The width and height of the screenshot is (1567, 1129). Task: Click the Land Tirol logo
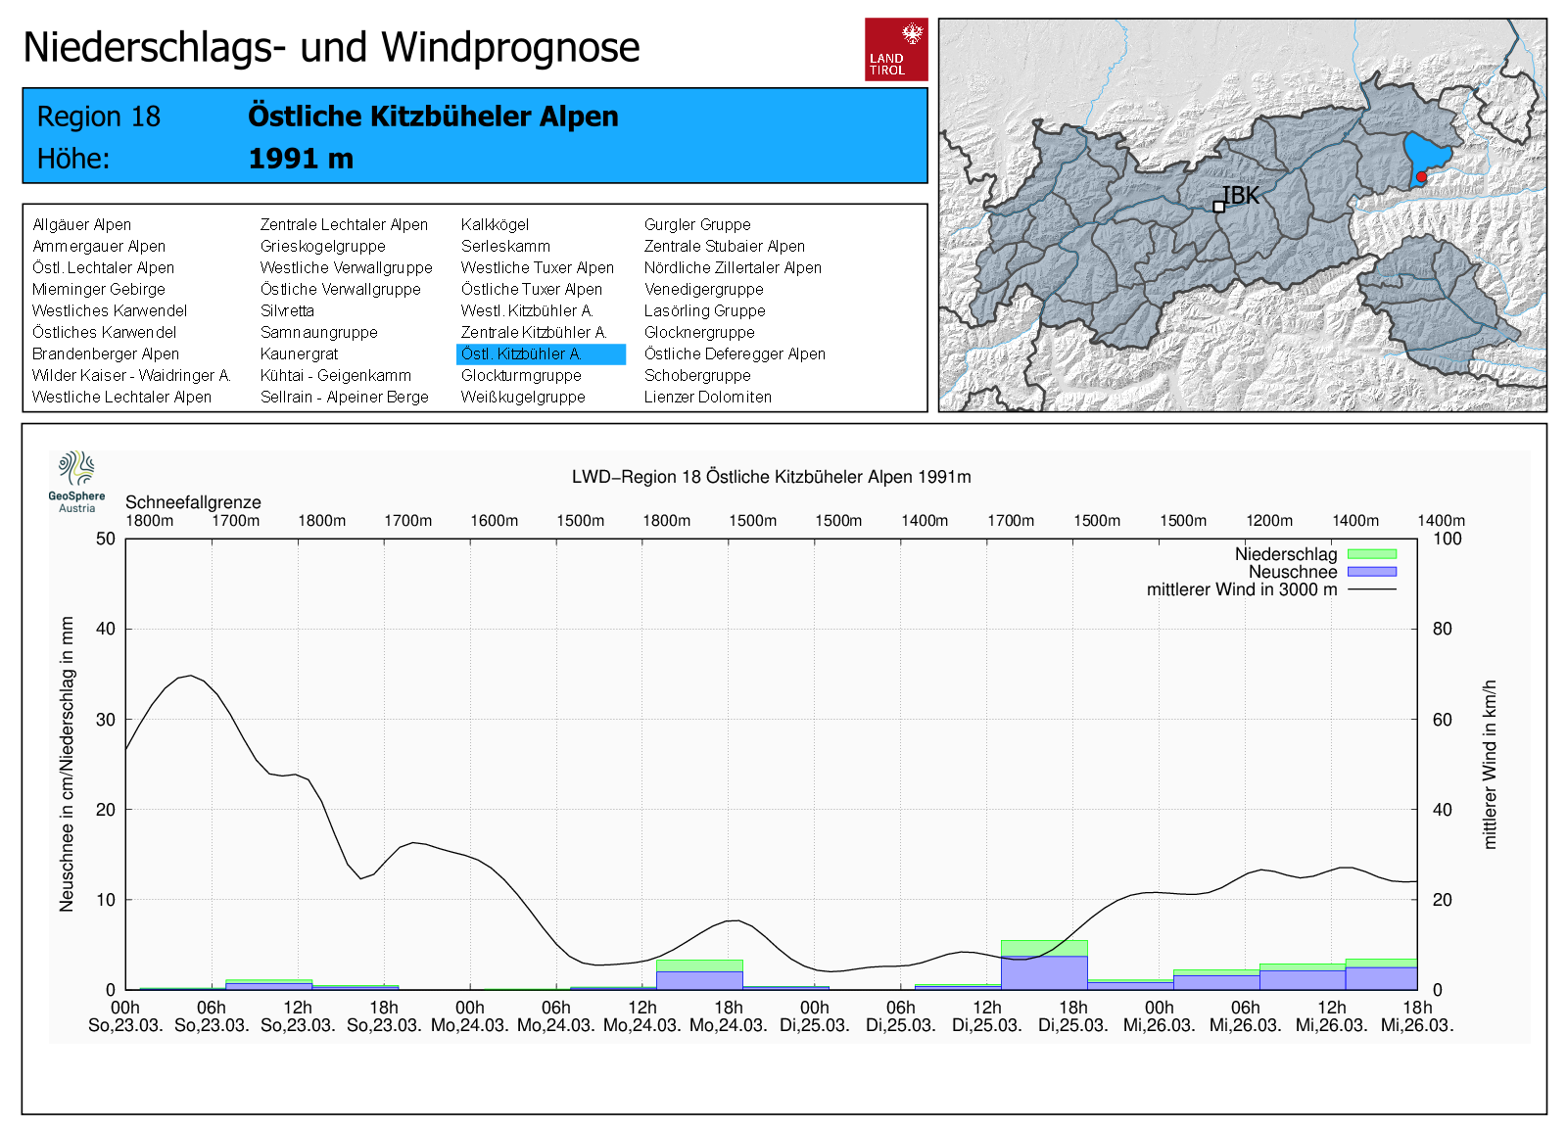coord(896,49)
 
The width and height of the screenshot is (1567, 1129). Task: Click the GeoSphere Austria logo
coord(76,481)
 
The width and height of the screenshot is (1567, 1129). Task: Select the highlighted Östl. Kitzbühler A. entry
coord(540,354)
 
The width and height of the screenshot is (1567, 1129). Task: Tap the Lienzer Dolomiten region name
coord(707,398)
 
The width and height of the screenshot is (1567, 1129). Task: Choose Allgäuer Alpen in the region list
coord(81,225)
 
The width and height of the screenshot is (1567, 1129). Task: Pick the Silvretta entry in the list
coord(287,311)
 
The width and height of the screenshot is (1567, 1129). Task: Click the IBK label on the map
coord(1241,196)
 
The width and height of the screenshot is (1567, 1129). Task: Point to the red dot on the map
coord(1421,177)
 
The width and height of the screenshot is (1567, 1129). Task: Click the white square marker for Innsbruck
coord(1218,207)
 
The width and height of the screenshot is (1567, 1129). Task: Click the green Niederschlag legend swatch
coord(1371,554)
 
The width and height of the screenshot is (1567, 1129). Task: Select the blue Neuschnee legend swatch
coord(1371,572)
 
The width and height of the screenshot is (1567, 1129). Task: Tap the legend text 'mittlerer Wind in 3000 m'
coord(1241,589)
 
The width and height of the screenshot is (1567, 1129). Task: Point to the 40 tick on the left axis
coord(105,629)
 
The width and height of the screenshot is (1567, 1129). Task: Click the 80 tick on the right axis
coord(1442,629)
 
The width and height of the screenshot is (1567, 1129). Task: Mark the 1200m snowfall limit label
coord(1269,521)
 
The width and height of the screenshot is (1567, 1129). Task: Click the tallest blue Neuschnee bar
coord(1044,971)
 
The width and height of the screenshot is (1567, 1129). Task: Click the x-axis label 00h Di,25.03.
coord(815,1016)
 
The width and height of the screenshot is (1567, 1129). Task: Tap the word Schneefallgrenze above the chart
coord(193,502)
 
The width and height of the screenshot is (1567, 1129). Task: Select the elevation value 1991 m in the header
coord(301,159)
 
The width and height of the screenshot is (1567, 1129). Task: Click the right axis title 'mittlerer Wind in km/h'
coord(1490,764)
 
